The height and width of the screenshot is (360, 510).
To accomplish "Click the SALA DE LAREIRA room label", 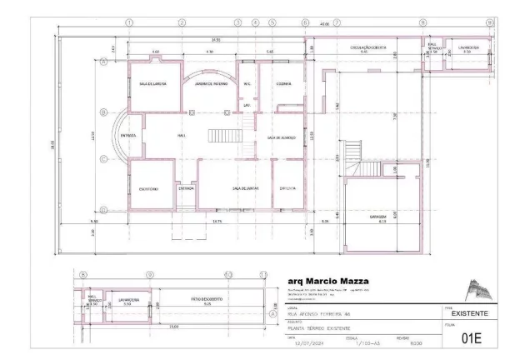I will point(152,83).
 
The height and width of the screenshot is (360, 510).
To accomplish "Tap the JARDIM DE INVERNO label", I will point(211,83).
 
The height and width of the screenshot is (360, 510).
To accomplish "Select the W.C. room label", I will point(247,83).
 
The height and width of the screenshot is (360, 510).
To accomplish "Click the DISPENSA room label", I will point(288,188).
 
